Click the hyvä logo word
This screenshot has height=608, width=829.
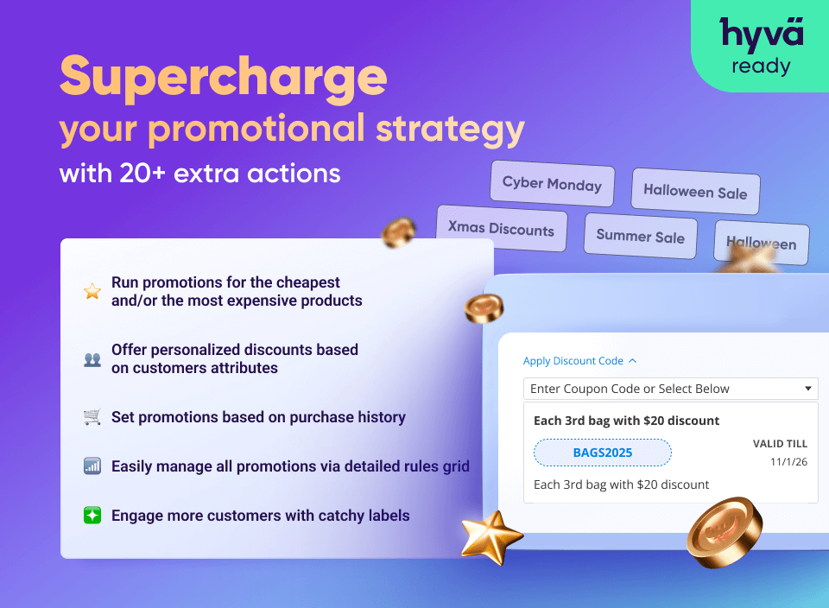(x=762, y=35)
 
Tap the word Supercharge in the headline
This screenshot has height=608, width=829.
(x=223, y=77)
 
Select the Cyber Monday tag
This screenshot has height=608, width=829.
(x=552, y=183)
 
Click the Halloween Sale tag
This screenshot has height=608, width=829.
(x=695, y=191)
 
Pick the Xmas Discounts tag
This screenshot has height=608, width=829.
(x=501, y=228)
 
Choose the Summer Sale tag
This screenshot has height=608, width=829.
(x=640, y=236)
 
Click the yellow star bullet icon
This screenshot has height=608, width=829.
(x=92, y=291)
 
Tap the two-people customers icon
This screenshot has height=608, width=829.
(x=92, y=359)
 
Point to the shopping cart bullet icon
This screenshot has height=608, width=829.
(x=92, y=416)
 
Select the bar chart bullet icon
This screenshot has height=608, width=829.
(x=92, y=465)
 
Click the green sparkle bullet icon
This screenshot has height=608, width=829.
(x=92, y=515)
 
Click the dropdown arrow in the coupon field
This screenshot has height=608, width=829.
(x=808, y=389)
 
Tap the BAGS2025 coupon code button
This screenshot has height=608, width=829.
(x=603, y=453)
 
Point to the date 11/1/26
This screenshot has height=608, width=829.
(x=788, y=461)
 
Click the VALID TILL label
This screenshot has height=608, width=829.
(x=780, y=444)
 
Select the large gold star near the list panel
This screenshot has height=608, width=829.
(x=491, y=536)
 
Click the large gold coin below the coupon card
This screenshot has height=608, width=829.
(x=725, y=532)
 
